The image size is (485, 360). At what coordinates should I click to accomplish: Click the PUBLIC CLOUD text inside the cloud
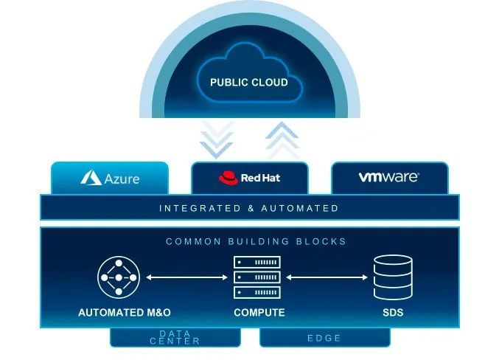[x=248, y=82]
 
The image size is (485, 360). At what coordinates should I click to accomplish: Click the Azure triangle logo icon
[x=91, y=178]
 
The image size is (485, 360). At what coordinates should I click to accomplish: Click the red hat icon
[x=228, y=178]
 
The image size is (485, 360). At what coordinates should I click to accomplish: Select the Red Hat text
[x=260, y=178]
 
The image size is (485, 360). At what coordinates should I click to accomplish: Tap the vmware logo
[x=388, y=177]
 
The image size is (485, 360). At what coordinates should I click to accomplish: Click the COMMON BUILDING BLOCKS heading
[x=256, y=241]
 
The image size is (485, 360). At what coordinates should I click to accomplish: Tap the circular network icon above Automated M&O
[x=117, y=277]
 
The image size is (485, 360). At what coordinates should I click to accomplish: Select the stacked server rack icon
[x=257, y=277]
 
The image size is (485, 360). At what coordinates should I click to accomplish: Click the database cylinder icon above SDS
[x=391, y=277]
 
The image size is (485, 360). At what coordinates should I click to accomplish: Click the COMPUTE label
[x=259, y=313]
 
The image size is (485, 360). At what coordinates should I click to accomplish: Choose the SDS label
[x=393, y=313]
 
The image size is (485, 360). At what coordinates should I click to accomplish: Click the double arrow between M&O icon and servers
[x=186, y=278]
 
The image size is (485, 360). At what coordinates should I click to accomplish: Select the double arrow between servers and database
[x=327, y=278]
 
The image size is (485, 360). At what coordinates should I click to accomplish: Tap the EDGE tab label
[x=324, y=338]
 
